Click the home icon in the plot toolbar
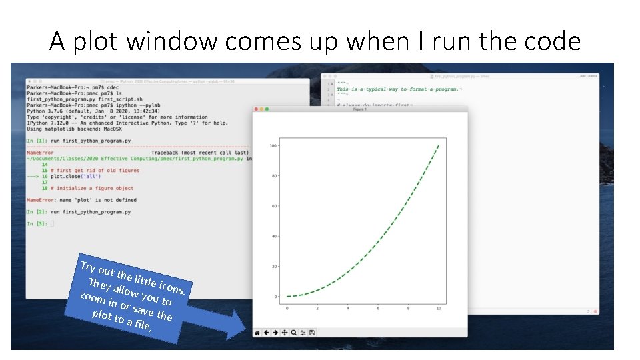point(257,332)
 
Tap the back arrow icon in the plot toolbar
point(266,332)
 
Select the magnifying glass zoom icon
point(294,332)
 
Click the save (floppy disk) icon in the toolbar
point(312,332)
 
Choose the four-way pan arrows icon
point(285,332)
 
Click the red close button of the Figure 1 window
point(256,109)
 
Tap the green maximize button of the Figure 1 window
point(267,109)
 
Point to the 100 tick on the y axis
point(273,145)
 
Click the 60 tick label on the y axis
point(274,206)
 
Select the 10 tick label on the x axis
point(438,308)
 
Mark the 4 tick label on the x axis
point(347,308)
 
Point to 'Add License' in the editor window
point(589,76)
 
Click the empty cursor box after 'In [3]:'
point(51,223)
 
